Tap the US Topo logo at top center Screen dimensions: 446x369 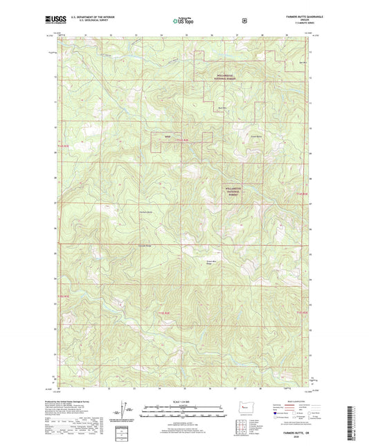tap(184, 21)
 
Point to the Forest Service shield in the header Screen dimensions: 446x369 tap(244, 21)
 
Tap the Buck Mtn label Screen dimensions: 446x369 tap(222, 108)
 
